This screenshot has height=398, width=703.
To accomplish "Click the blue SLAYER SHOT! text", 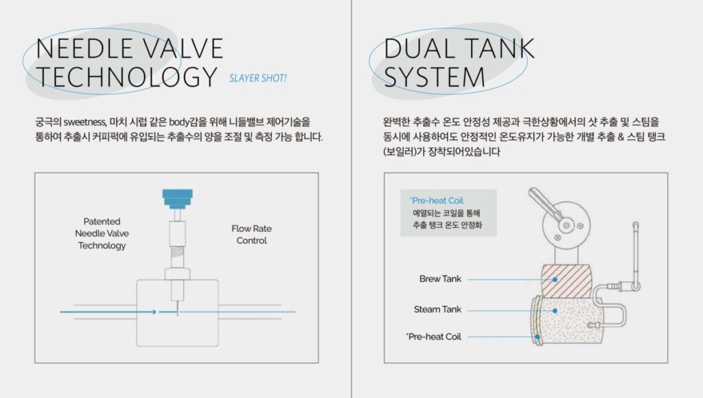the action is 258,78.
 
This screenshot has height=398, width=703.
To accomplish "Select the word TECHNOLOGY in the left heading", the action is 127,77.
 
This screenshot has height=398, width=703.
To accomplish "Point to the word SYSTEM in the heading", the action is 435,77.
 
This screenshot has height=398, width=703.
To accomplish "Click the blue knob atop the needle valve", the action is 178,199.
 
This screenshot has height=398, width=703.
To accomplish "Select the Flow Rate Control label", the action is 251,235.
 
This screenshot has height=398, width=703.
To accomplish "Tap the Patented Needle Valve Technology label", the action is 102,233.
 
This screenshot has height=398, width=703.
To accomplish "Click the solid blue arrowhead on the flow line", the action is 154,312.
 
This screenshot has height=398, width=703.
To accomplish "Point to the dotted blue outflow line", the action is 237,312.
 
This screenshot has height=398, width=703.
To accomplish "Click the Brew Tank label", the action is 440,279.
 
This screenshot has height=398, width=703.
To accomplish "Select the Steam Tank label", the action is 437,309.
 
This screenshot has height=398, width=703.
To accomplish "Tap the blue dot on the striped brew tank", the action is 555,279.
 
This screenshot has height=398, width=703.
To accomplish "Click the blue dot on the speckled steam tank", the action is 555,311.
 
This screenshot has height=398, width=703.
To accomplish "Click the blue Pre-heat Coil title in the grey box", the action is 437,200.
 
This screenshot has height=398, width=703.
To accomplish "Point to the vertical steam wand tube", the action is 636,251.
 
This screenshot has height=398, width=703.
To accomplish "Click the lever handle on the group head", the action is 544,204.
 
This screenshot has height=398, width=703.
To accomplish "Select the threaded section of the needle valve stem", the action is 178,257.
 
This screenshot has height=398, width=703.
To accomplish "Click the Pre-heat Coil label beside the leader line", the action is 434,337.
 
